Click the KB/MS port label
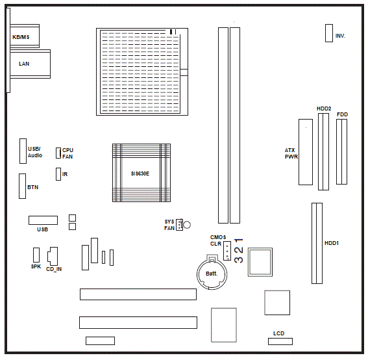click(21, 37)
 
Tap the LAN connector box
click(31, 64)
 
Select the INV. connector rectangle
click(329, 33)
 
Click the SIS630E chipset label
click(140, 174)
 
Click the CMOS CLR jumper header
click(227, 251)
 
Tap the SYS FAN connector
click(179, 225)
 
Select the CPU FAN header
click(58, 153)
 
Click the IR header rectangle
click(58, 174)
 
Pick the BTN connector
click(23, 186)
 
